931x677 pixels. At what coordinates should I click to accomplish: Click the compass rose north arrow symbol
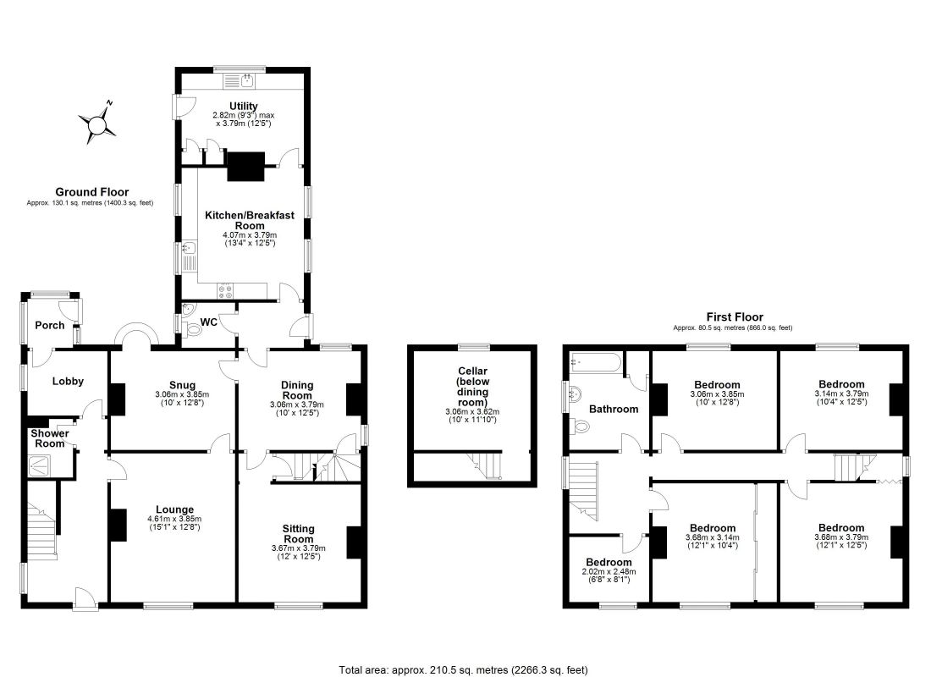[x=96, y=123]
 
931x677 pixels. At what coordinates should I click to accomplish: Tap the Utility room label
[x=244, y=107]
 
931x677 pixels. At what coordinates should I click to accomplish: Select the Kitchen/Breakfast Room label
[x=250, y=220]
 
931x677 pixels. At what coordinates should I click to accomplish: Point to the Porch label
[x=50, y=326]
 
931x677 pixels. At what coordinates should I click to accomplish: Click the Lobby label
[x=68, y=382]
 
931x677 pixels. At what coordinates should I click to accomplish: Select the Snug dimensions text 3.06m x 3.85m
[x=182, y=394]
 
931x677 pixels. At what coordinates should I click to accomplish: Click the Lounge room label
[x=174, y=509]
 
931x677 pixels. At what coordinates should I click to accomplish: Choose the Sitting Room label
[x=298, y=533]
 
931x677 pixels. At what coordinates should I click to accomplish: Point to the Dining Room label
[x=297, y=390]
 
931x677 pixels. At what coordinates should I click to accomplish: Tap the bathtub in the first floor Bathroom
[x=596, y=363]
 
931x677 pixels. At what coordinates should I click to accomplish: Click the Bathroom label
[x=614, y=410]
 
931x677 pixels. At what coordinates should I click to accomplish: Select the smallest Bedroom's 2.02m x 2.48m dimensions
[x=609, y=572]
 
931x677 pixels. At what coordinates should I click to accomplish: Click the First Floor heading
[x=735, y=317]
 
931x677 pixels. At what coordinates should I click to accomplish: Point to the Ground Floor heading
[x=92, y=192]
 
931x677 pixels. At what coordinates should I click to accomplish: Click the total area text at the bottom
[x=463, y=670]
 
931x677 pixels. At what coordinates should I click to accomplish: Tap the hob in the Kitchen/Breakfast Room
[x=226, y=290]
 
